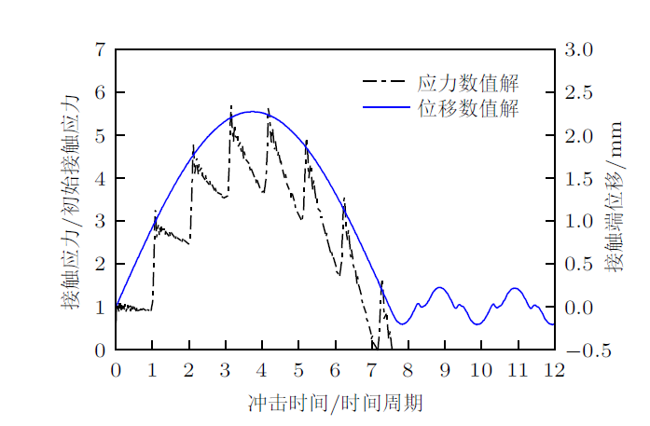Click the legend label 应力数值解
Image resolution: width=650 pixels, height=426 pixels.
tap(468, 83)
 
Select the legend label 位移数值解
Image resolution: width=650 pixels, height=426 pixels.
tap(468, 108)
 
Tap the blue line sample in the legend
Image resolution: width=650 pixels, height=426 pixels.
tap(385, 108)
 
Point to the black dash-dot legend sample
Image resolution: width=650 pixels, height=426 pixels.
tap(385, 83)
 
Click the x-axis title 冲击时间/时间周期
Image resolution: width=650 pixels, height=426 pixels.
tap(335, 403)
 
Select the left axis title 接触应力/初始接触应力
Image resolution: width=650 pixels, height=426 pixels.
tap(71, 200)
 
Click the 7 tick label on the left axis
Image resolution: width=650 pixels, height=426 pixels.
tap(100, 49)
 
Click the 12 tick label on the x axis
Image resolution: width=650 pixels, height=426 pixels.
tap(555, 371)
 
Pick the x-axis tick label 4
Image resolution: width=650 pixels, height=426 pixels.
tap(262, 371)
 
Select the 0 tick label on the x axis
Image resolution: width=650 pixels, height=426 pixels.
tap(116, 371)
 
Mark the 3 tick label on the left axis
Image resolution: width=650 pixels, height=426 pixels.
tap(100, 222)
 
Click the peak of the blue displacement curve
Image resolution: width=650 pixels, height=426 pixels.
tap(252, 111)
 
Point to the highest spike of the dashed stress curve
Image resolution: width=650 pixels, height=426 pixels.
tap(231, 106)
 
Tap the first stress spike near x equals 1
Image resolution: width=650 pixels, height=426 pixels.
tap(155, 212)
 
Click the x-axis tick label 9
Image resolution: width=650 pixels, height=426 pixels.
tap(445, 371)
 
